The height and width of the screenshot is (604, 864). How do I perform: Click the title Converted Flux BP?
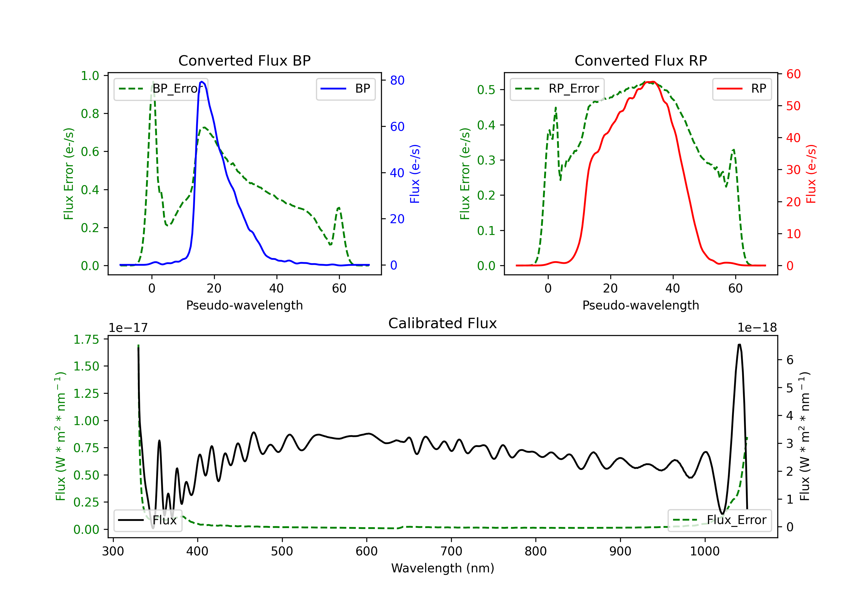coord(244,60)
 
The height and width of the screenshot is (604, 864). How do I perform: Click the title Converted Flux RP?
coord(641,60)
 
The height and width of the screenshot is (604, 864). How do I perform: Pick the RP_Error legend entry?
coord(557,89)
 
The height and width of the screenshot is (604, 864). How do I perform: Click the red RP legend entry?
coord(742,89)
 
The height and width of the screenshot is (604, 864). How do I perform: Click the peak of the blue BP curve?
coord(202,82)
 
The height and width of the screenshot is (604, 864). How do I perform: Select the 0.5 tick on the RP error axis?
coord(486,90)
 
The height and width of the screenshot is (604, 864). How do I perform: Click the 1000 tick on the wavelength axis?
coord(704,551)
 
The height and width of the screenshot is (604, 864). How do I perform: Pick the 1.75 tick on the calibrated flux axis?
coord(86,339)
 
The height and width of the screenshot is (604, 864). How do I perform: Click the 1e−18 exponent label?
coord(757,328)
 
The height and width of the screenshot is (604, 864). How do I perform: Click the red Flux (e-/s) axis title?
coord(811,174)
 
